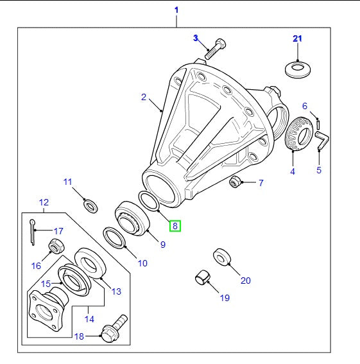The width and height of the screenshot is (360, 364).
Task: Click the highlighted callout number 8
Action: tap(175, 225)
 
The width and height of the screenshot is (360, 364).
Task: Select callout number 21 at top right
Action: tap(297, 39)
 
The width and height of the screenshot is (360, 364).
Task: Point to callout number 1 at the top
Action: tap(176, 10)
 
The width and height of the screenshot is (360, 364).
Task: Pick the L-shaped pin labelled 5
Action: tap(321, 141)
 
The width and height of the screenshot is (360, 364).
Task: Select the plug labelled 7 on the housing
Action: tap(235, 182)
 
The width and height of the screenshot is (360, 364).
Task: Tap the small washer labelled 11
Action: tap(91, 205)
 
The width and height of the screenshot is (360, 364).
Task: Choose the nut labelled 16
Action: tap(56, 247)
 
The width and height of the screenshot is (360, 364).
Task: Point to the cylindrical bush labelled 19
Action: tap(203, 278)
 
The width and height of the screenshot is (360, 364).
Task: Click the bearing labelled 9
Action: tap(132, 216)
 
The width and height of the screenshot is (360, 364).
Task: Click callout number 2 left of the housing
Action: tap(144, 98)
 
